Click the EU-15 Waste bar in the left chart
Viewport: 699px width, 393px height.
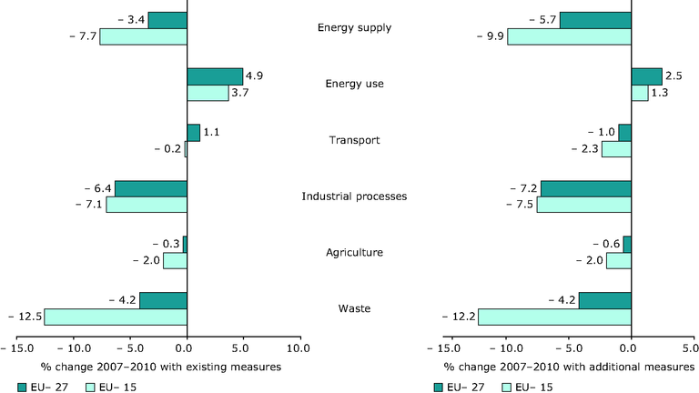pyautogui.click(x=116, y=317)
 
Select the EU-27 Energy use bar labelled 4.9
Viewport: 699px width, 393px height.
pyautogui.click(x=215, y=76)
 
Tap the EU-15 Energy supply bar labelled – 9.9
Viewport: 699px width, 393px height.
pyautogui.click(x=569, y=36)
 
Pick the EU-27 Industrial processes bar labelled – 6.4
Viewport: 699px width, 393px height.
pyautogui.click(x=151, y=188)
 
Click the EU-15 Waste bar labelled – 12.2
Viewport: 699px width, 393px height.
pyautogui.click(x=554, y=317)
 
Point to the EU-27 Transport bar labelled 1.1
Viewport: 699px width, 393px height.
pyautogui.click(x=193, y=133)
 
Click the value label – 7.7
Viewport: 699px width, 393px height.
pyautogui.click(x=80, y=36)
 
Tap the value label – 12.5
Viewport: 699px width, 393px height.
pyautogui.click(x=22, y=317)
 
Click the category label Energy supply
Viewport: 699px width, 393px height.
pyautogui.click(x=354, y=27)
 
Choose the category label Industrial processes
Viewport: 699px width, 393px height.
pyautogui.click(x=354, y=196)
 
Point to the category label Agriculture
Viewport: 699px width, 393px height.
pyautogui.click(x=354, y=253)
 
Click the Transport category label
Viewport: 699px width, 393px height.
pyautogui.click(x=354, y=140)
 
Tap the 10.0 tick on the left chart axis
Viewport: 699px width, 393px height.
pyautogui.click(x=299, y=348)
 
